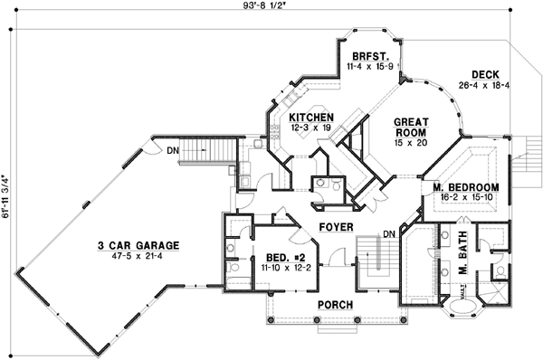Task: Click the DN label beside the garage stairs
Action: point(171,149)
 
